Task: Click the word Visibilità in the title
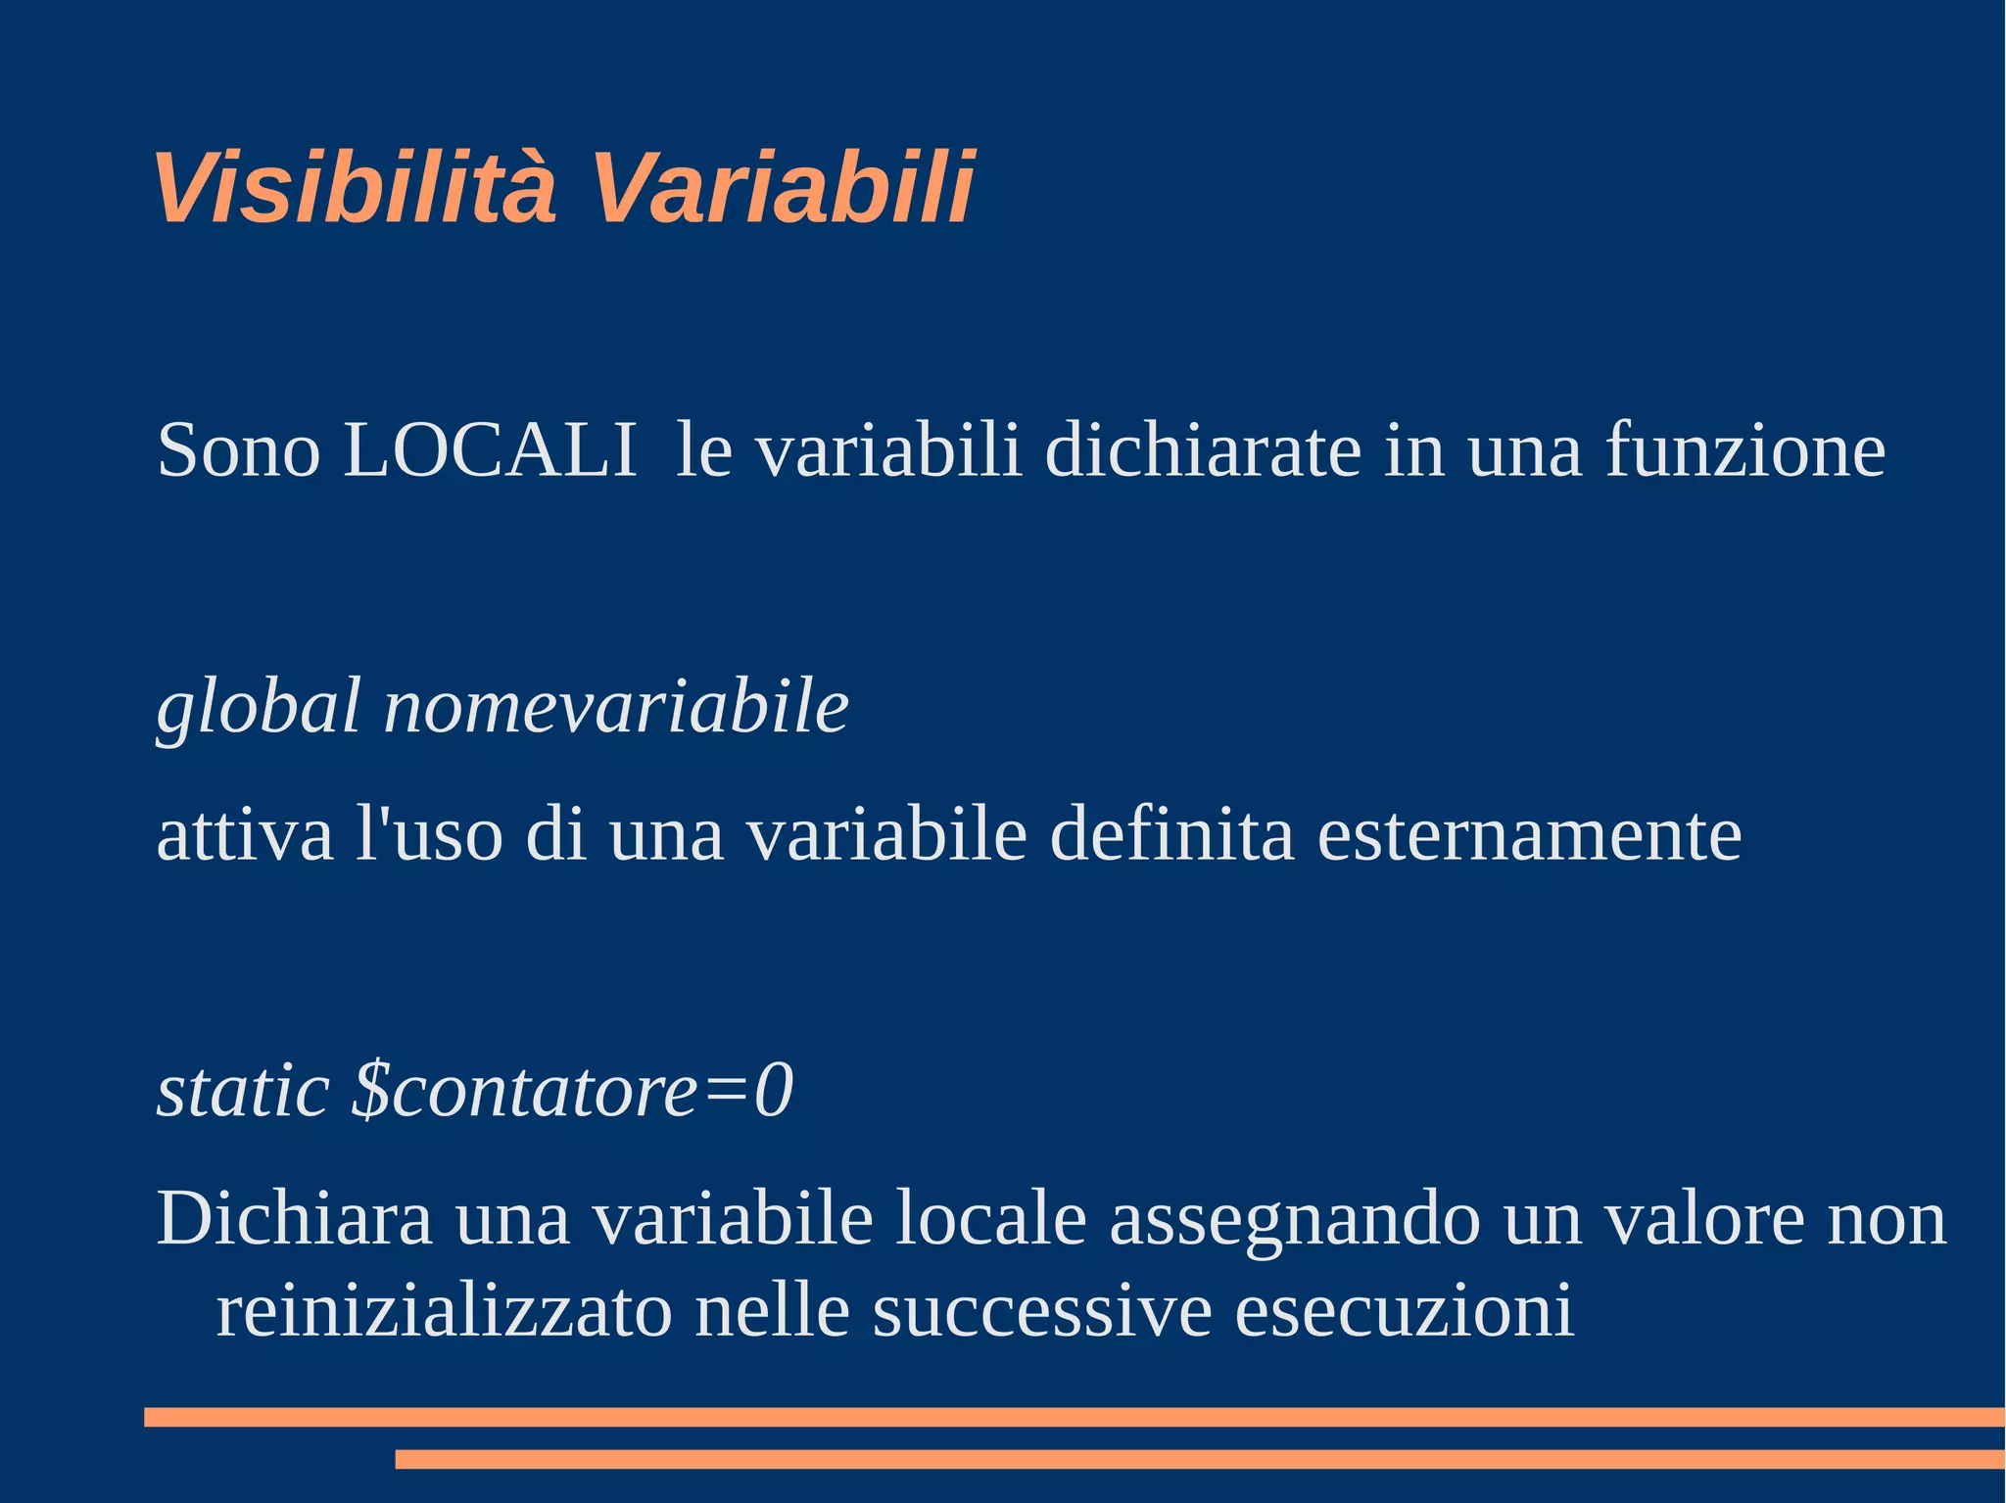click(x=355, y=188)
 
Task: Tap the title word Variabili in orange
click(x=781, y=188)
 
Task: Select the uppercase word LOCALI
click(x=490, y=450)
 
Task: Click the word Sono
click(x=238, y=450)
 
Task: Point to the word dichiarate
click(x=1203, y=450)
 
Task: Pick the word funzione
click(x=1744, y=450)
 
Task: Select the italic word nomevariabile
click(x=616, y=707)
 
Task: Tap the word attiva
click(x=245, y=835)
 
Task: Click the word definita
click(x=1171, y=835)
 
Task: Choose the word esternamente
click(x=1529, y=835)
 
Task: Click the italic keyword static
click(x=243, y=1091)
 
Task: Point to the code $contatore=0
click(x=573, y=1091)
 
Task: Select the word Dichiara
click(x=294, y=1219)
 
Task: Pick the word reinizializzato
click(x=444, y=1310)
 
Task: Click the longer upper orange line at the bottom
click(x=1074, y=1417)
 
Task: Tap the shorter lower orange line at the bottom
click(x=1199, y=1459)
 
